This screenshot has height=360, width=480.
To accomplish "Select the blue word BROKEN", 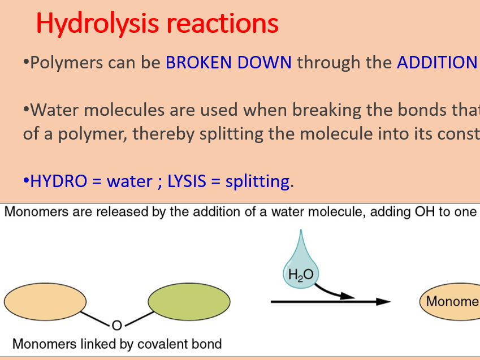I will click(200, 62).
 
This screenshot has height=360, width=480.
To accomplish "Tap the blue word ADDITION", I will click(436, 62).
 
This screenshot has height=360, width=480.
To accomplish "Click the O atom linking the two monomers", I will click(116, 325).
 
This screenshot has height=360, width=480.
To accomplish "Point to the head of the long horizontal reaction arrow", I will click(385, 301).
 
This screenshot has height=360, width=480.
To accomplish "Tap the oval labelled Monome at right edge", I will click(450, 301).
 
